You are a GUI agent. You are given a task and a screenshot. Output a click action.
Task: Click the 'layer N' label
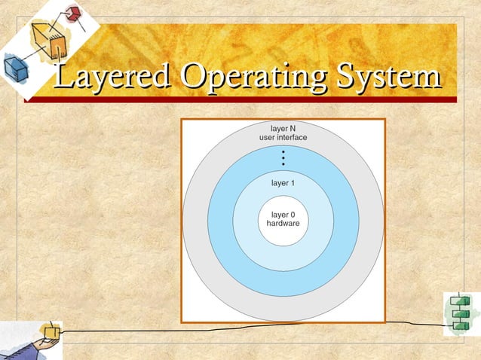[283, 128]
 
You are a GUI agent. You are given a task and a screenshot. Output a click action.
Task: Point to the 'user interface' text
[283, 138]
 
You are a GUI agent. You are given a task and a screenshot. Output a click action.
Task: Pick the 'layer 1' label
[283, 183]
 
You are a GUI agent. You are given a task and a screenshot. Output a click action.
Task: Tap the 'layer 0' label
[283, 215]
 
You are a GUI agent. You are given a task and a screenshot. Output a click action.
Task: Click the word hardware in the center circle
[283, 224]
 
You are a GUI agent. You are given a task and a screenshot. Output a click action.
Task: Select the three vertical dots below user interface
[283, 157]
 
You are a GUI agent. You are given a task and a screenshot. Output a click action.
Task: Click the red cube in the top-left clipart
[73, 14]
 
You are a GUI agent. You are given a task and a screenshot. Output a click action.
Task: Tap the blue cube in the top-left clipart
[14, 69]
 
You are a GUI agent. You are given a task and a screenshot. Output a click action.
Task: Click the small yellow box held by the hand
[51, 331]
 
